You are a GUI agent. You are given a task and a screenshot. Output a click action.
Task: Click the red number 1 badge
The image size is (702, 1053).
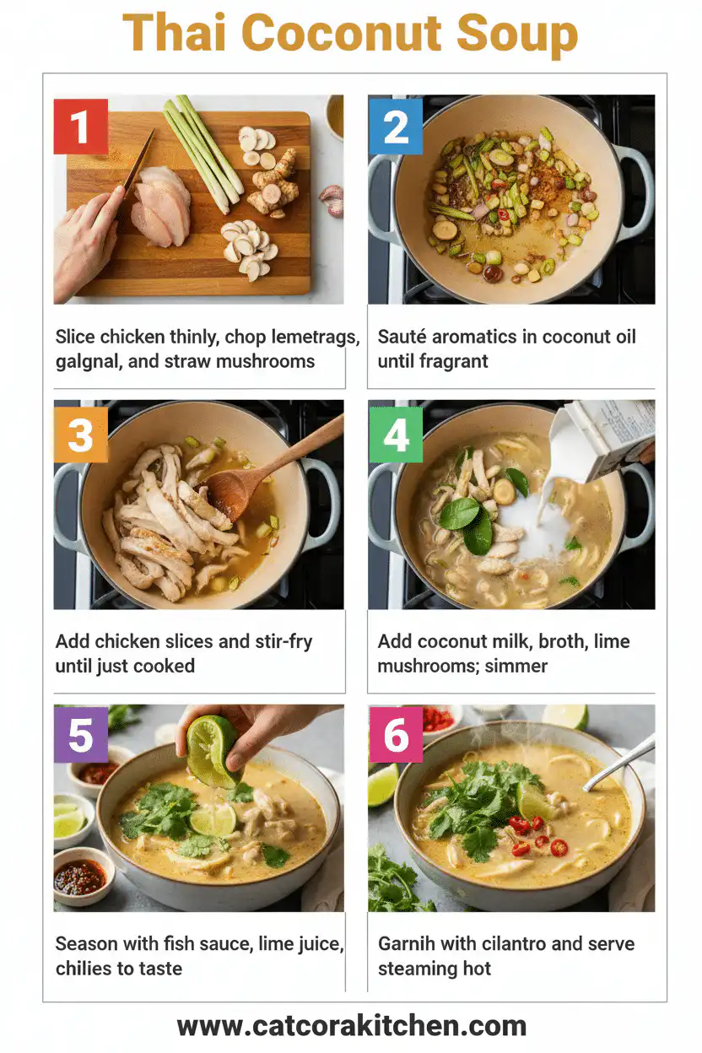click(x=80, y=127)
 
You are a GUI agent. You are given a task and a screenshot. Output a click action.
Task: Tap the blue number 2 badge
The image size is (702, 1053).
click(x=395, y=127)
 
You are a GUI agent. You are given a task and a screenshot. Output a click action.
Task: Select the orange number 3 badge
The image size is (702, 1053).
click(x=80, y=435)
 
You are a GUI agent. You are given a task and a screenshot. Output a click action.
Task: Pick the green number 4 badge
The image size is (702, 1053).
click(x=395, y=435)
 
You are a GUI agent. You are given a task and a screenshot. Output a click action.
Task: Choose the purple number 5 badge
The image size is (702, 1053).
click(x=80, y=735)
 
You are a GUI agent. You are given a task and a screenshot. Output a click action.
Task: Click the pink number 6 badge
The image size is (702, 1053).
click(x=395, y=735)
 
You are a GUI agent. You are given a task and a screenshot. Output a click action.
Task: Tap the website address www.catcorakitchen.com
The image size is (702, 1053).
click(x=351, y=1026)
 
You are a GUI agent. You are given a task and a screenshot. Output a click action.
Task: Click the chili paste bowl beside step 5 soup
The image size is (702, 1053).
click(x=81, y=877)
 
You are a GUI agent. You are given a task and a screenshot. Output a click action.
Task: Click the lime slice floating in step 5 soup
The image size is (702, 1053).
click(x=213, y=818)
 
